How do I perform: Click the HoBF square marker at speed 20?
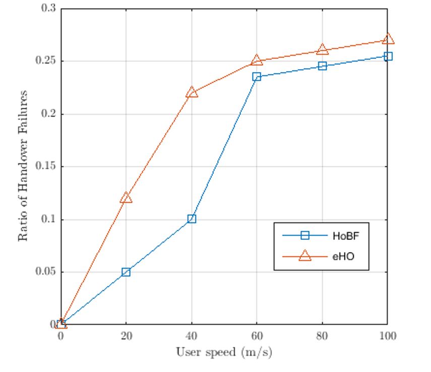tap(126, 272)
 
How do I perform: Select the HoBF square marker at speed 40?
tap(192, 219)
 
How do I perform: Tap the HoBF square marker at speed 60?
tap(257, 77)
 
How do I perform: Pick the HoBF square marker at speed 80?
tap(322, 66)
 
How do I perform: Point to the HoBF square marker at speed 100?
tap(388, 56)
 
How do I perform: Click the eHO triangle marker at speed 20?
tap(126, 198)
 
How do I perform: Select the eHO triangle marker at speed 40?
tap(192, 93)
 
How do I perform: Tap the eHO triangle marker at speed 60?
tap(257, 60)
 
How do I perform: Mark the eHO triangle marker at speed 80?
tap(322, 49)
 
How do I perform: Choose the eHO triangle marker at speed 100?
tap(388, 39)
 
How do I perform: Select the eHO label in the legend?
tap(343, 257)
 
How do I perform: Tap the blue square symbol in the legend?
tap(304, 235)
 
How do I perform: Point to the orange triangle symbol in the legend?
tap(304, 257)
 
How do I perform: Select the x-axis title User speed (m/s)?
tap(224, 352)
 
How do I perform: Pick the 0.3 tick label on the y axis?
tap(50, 9)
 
